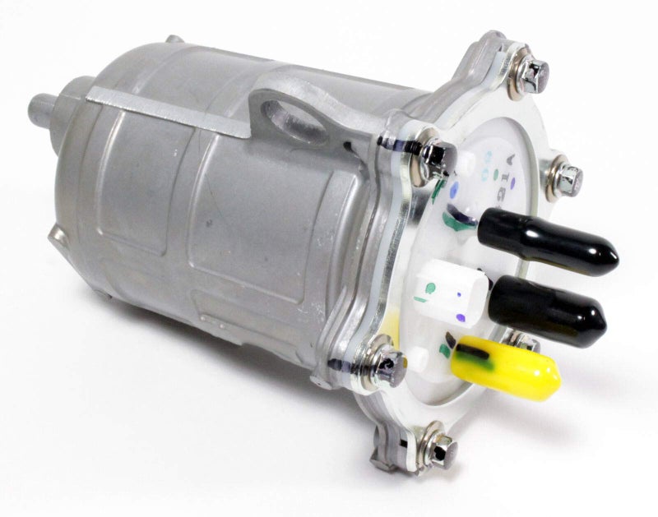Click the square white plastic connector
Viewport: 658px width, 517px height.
452,292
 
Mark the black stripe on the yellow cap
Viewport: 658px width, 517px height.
473,354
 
